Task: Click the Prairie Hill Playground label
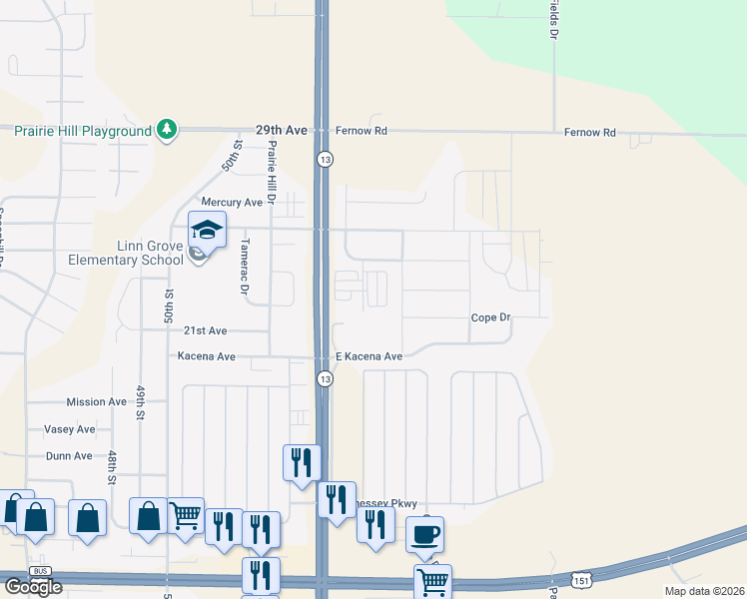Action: coord(82,131)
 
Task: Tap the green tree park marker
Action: coord(168,131)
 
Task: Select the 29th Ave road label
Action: coord(282,131)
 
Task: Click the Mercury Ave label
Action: coord(232,202)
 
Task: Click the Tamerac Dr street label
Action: coord(244,267)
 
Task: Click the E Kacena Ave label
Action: coord(369,356)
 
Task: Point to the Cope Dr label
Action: coord(490,317)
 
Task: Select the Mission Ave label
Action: coord(96,402)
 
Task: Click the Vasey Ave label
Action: coord(70,429)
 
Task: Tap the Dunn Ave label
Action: coord(69,456)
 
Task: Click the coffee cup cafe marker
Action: coord(424,535)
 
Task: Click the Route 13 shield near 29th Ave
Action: coord(325,159)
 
